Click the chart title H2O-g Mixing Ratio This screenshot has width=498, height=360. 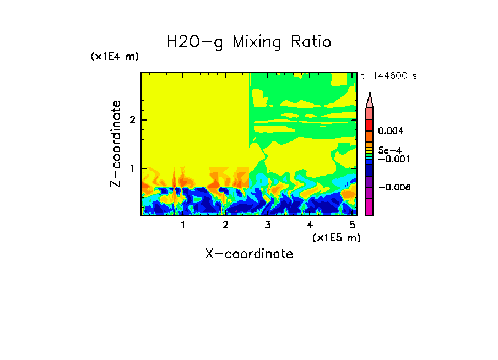pos(249,41)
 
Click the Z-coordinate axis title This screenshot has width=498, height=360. pos(116,144)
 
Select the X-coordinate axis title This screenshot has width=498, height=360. pos(249,254)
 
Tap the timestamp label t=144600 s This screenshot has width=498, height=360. pos(389,76)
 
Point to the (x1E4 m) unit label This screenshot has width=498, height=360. pos(115,57)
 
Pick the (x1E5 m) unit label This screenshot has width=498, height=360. pos(336,237)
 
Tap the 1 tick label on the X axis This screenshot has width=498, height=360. pos(183,225)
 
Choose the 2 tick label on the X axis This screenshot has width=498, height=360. pos(225,225)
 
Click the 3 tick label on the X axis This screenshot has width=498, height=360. pos(268,225)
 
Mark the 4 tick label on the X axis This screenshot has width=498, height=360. pos(310,225)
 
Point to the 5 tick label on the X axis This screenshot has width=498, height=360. pos(352,225)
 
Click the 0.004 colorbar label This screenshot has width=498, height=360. pos(391,131)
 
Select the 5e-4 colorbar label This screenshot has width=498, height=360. pos(389,150)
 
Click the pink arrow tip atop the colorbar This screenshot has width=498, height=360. pos(370,100)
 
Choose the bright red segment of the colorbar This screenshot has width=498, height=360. pos(370,125)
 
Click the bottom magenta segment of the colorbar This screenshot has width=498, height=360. pos(370,207)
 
